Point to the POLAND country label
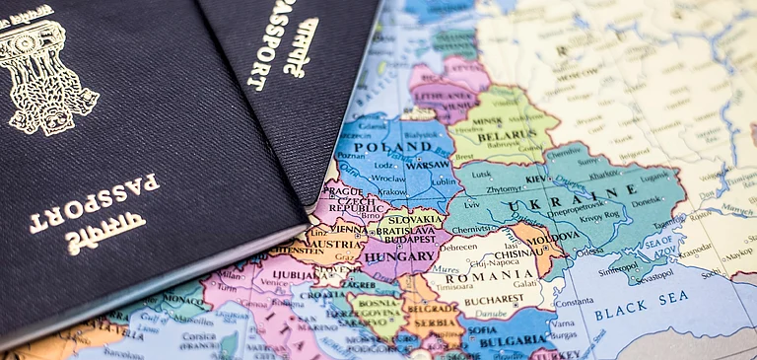pos(372,147)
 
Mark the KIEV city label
pos(535,180)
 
